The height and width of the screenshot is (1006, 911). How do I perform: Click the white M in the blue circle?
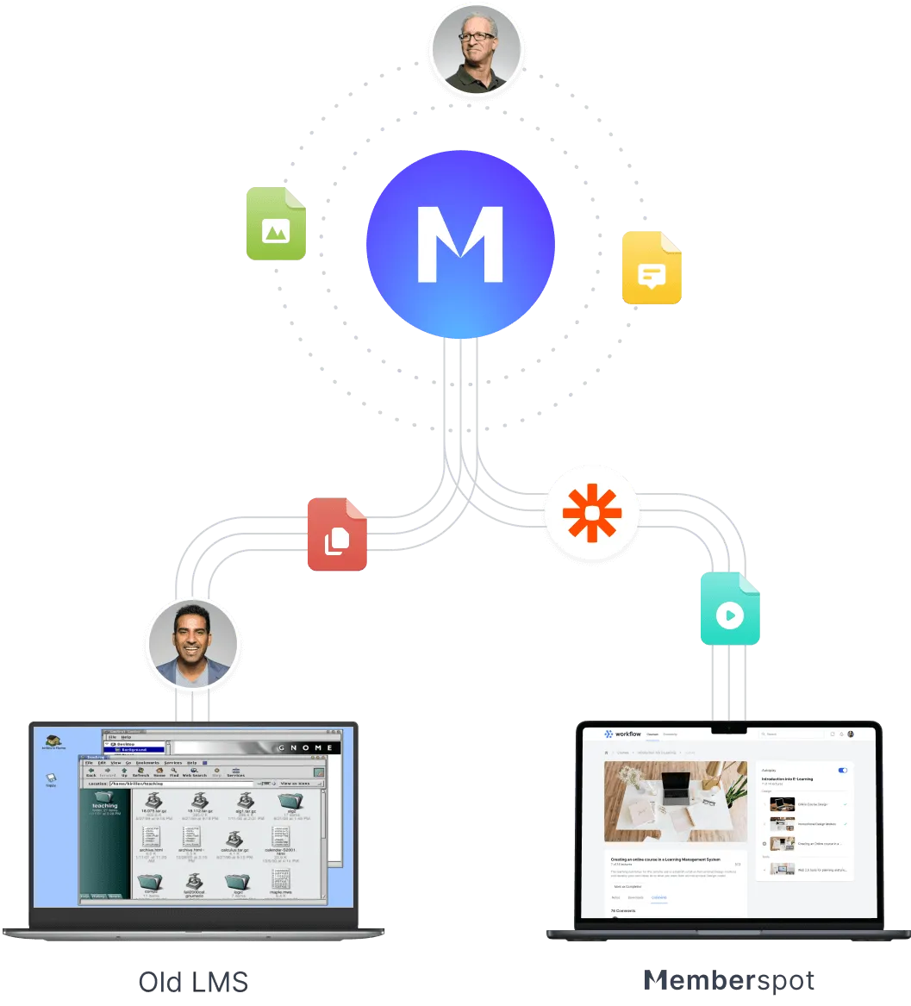(459, 244)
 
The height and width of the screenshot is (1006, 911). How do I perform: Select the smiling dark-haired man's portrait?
(192, 644)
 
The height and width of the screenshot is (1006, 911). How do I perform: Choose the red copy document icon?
(336, 535)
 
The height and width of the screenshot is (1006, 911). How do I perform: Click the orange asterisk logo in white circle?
(592, 512)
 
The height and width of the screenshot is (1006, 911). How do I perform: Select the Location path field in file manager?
(198, 784)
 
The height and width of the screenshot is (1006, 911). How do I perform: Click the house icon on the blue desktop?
(53, 741)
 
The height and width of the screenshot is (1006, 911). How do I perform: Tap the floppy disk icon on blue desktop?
(51, 778)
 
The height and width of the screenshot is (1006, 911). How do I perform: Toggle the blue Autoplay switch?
(842, 770)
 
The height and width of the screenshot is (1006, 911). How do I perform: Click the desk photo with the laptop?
(675, 801)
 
